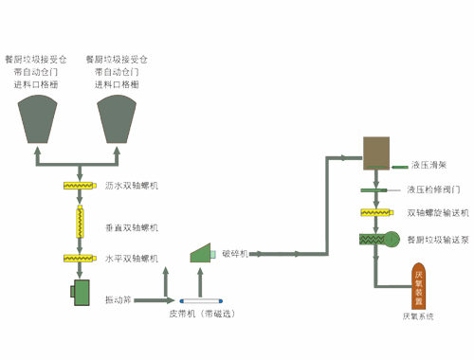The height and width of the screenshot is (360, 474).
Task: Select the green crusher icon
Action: (203, 252)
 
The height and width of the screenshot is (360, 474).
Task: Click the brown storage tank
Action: (376, 152)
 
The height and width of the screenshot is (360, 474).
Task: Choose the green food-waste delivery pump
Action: (376, 242)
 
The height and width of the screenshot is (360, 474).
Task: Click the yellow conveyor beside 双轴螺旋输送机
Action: (376, 213)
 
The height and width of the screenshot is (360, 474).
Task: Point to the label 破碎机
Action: (234, 254)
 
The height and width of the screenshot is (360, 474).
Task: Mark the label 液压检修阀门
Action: (433, 189)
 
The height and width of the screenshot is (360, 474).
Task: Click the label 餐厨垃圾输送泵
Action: (437, 241)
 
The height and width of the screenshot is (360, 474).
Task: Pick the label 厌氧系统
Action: (420, 316)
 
